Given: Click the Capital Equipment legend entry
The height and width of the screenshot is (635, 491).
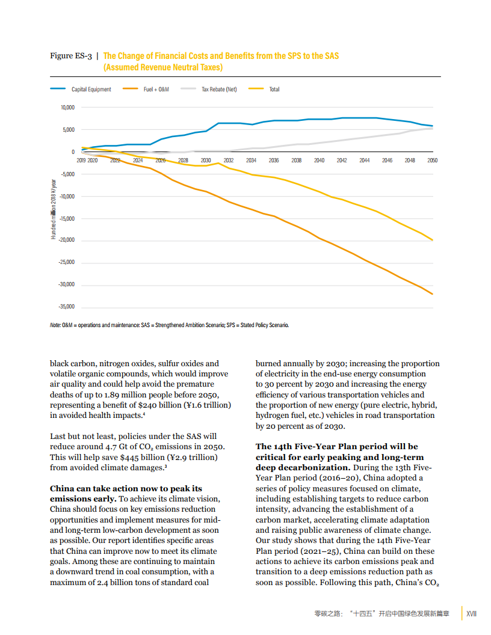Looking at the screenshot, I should [91, 90].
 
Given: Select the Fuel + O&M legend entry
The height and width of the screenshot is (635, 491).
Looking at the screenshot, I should [156, 90].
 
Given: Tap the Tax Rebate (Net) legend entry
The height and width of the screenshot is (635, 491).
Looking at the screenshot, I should [218, 90].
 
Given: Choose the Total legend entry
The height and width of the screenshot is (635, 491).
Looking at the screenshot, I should [274, 90].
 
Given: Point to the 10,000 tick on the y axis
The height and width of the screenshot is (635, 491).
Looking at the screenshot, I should [66, 108].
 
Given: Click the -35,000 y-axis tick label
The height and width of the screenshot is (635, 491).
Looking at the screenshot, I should [66, 307].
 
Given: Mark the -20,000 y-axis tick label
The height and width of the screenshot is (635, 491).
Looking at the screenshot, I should [66, 240].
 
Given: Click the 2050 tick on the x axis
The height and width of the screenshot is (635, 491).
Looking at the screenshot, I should [432, 161].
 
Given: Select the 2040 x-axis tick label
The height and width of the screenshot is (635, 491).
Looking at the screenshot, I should [319, 161].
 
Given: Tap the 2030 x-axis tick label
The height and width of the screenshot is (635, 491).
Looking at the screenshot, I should [206, 161].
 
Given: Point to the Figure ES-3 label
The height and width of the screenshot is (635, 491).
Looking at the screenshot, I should [70, 57].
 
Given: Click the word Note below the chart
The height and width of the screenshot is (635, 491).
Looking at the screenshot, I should [55, 325].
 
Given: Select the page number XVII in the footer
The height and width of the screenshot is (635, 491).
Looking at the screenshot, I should [472, 614].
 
